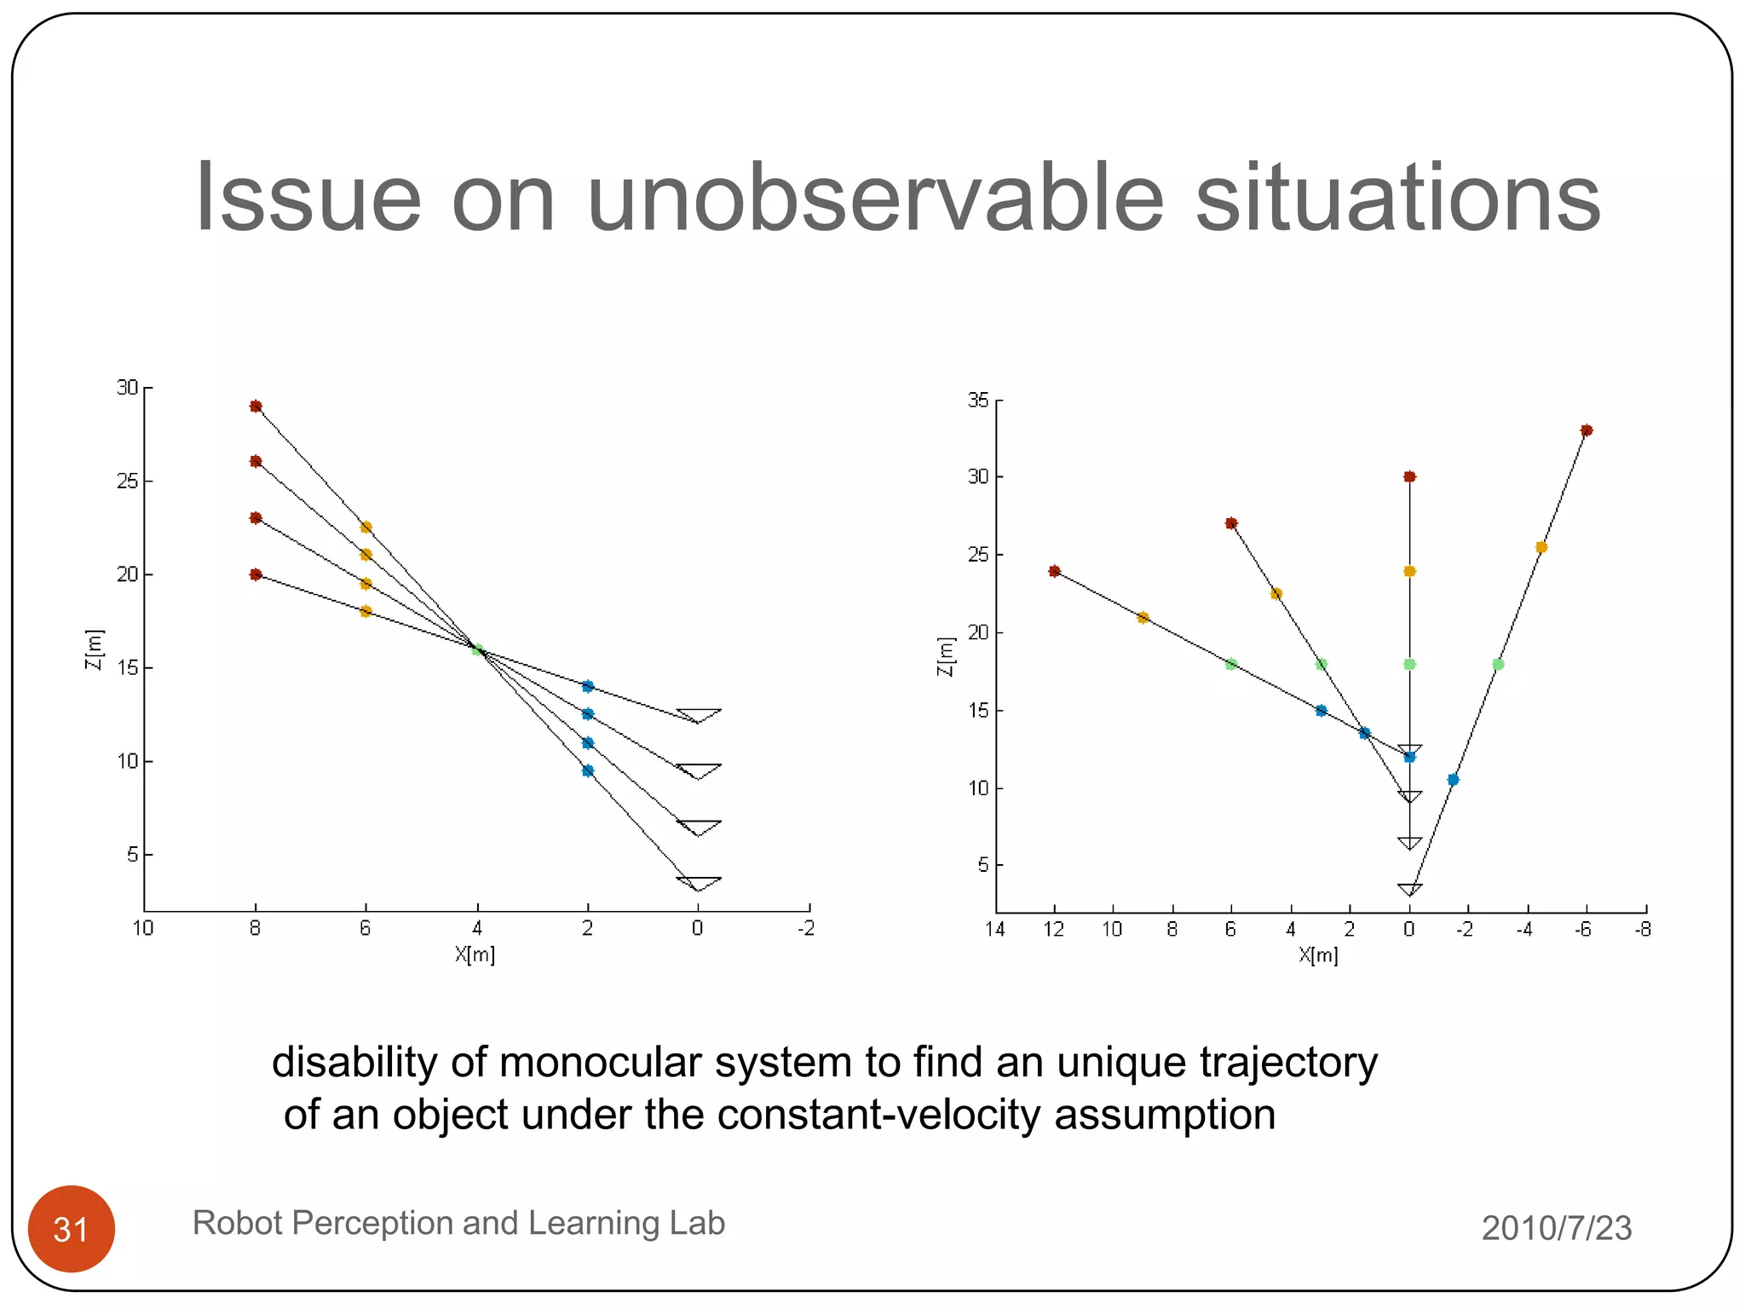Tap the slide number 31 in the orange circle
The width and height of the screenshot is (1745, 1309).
(72, 1230)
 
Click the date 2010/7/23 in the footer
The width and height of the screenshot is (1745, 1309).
(1556, 1228)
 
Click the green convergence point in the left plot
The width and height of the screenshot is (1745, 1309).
(478, 649)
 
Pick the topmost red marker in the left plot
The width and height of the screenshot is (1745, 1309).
(256, 407)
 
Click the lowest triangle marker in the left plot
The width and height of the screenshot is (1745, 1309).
(698, 883)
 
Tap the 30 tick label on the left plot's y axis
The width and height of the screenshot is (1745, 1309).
(127, 388)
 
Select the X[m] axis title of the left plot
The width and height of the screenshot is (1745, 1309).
(475, 954)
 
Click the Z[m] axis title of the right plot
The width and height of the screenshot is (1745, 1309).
(945, 657)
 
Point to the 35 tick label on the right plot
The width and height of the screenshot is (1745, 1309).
(978, 401)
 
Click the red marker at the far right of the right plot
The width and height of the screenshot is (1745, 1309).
(1586, 430)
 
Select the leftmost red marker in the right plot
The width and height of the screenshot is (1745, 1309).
(1055, 571)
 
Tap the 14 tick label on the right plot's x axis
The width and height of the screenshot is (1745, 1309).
(995, 929)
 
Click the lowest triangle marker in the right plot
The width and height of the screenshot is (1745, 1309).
(1409, 889)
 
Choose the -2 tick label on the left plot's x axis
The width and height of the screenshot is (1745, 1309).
(806, 928)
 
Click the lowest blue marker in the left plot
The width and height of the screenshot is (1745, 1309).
(587, 770)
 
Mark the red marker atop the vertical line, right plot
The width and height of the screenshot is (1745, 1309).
(1409, 476)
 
